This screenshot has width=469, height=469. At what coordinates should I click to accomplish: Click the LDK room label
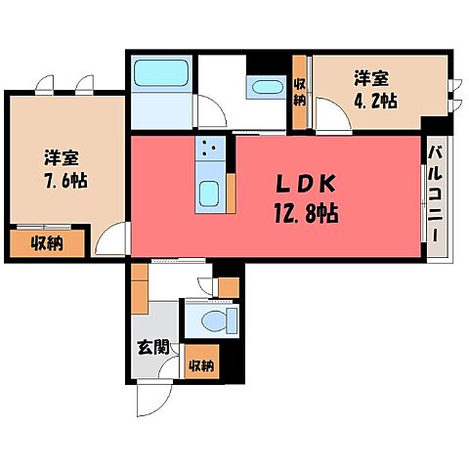click(x=306, y=185)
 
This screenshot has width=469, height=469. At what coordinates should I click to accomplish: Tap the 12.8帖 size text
click(x=306, y=213)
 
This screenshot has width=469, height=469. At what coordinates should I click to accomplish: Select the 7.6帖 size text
click(x=65, y=180)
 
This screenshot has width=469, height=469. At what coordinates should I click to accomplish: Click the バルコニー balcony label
click(x=435, y=194)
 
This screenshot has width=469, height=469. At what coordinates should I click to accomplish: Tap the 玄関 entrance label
click(x=153, y=348)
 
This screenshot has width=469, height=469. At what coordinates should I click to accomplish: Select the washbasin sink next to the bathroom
click(x=268, y=87)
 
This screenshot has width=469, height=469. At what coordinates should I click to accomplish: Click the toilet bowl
click(x=213, y=320)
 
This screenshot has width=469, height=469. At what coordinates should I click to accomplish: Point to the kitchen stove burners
click(x=209, y=149)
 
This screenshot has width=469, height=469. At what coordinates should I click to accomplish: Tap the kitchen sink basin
click(x=208, y=193)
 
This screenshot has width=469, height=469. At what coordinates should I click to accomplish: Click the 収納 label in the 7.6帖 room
click(x=47, y=243)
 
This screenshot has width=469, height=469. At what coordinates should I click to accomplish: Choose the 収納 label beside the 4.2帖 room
click(x=299, y=93)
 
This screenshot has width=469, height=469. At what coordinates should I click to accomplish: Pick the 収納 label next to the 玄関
click(x=202, y=365)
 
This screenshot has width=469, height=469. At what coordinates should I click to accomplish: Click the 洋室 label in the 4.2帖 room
click(x=371, y=78)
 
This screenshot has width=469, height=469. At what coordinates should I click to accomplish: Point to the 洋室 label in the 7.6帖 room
click(x=62, y=158)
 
